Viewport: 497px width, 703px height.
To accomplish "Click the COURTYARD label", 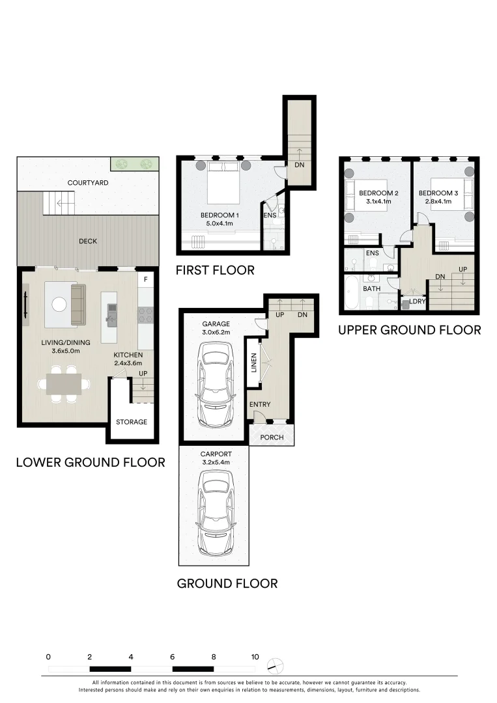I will pos(88,183).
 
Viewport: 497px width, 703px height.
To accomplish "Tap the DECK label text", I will pos(88,241).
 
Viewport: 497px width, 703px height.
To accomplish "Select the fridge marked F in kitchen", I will pos(145,281).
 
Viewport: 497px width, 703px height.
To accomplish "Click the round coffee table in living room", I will pos(60,304).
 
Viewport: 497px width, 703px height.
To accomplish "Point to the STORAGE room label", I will pos(132,422).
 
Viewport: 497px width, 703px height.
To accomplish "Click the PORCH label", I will pos(272,437).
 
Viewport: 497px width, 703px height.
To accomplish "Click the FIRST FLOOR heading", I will pos(215,270).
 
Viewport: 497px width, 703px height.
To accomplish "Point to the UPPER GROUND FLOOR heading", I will pos(409,330).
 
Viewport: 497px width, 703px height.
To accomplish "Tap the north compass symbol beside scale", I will pos(276,665).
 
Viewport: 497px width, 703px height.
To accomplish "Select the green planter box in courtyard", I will pos(134,163).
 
